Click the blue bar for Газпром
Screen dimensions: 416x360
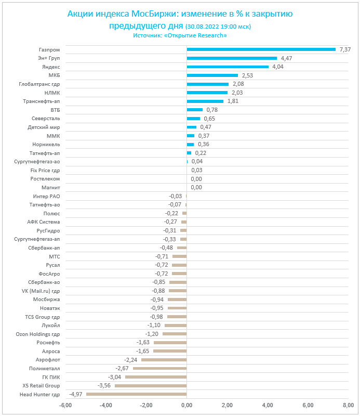coord(261,49)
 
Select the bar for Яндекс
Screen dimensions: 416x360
coord(228,67)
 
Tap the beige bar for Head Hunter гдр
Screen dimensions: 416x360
coord(136,394)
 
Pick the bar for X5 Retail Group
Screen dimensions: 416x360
coord(151,385)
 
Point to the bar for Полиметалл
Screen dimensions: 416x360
coord(159,368)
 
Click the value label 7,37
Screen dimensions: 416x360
coord(345,49)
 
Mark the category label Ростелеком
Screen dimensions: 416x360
coord(45,178)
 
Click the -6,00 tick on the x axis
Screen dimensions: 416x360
coord(65,405)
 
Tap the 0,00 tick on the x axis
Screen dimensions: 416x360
coord(186,405)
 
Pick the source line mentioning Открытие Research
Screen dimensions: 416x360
coord(180,35)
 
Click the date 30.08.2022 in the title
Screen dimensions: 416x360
coord(205,26)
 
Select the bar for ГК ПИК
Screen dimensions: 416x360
coord(156,376)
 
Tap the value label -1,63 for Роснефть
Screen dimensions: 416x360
coord(143,342)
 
